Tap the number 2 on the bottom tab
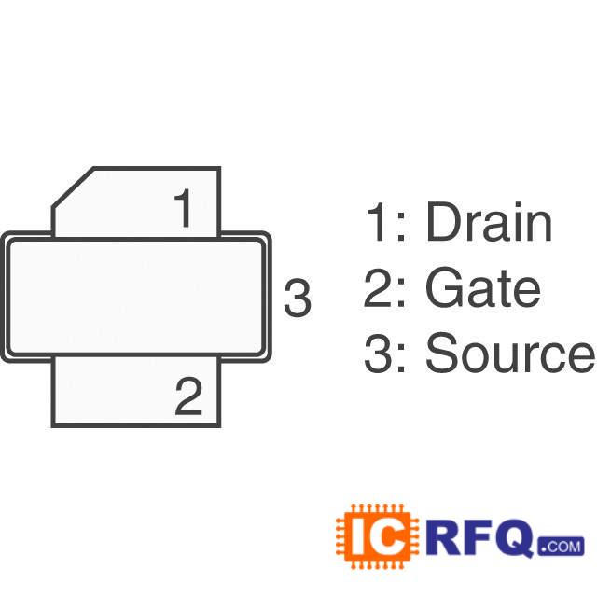(x=187, y=397)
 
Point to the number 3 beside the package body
(x=297, y=298)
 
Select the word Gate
(x=482, y=288)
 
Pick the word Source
(x=509, y=354)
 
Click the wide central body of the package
(x=135, y=298)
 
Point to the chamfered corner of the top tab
(x=73, y=188)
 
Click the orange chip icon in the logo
(x=369, y=536)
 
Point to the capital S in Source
(x=442, y=354)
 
